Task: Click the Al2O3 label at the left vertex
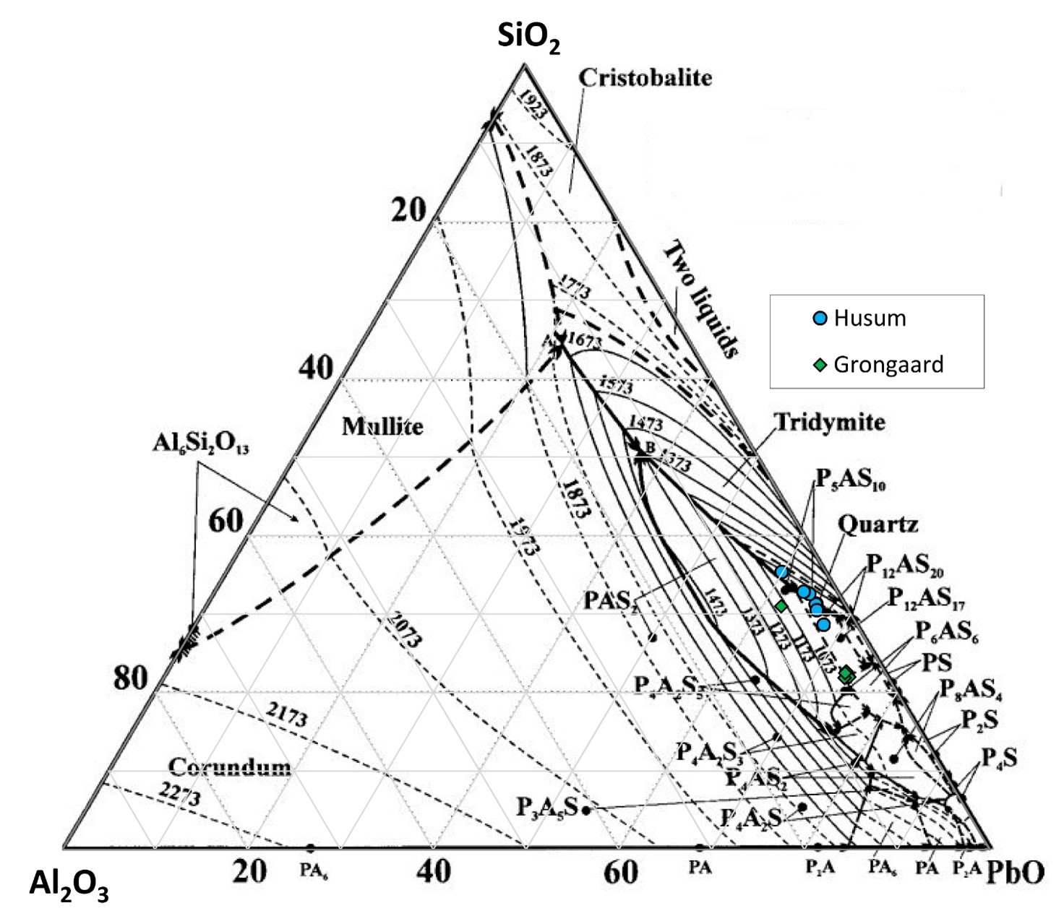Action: pos(69,886)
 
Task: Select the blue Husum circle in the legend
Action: pos(820,319)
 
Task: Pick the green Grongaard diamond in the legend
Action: pos(820,365)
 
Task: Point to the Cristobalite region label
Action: pos(645,78)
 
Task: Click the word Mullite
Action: pos(382,426)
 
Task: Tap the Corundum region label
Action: pos(230,766)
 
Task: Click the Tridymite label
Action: pos(829,422)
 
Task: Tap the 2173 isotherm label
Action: pos(287,714)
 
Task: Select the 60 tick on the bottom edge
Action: pos(620,873)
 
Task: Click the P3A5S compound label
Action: pos(546,807)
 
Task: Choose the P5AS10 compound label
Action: pos(851,479)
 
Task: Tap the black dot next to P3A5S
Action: pos(586,810)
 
